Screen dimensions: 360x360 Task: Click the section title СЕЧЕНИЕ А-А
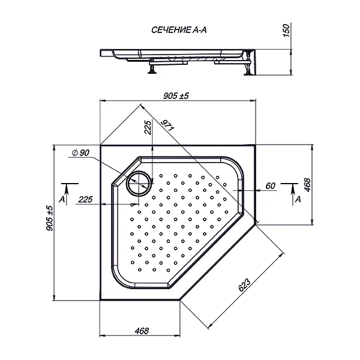point(179,30)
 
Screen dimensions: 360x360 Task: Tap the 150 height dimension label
point(286,31)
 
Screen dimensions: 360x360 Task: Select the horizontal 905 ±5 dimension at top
point(176,96)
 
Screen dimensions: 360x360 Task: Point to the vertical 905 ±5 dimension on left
point(49,218)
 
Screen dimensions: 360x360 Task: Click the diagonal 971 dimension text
point(167,125)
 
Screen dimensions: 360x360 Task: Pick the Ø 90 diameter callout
point(80,152)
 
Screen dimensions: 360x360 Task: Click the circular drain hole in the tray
point(139,183)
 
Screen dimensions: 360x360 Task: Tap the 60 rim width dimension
point(270,186)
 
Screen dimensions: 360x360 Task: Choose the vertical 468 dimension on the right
point(307,185)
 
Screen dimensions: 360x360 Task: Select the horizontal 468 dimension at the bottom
point(142,331)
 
